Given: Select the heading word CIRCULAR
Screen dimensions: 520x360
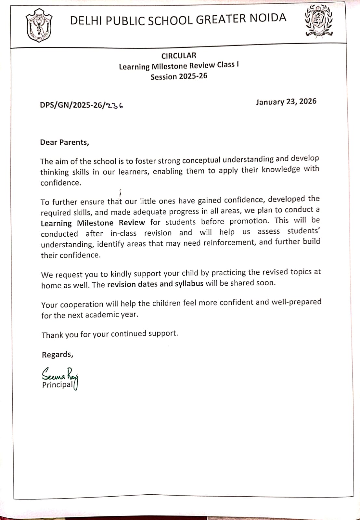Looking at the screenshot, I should point(179,56).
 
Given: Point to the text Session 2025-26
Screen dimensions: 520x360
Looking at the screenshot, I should point(179,77).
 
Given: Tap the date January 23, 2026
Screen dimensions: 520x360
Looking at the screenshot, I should point(286,102).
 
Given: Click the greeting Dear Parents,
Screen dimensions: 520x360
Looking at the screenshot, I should point(64,142).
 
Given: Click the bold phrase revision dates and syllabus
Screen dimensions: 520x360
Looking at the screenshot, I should point(155,284).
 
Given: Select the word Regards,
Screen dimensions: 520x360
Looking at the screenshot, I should point(58,355).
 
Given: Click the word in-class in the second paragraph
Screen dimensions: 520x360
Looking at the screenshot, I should point(123,233).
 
